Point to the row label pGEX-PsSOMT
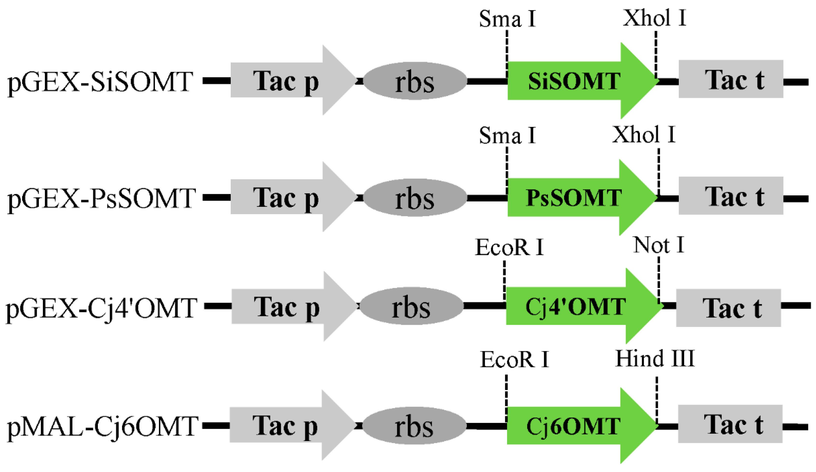click(101, 198)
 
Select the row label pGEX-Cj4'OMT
click(101, 308)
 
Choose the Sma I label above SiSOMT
click(507, 18)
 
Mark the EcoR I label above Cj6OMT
click(514, 359)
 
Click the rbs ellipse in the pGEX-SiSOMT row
click(415, 81)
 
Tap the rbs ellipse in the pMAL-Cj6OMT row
click(414, 426)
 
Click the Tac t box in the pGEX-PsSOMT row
click(731, 196)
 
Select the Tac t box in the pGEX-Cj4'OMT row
click(728, 308)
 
